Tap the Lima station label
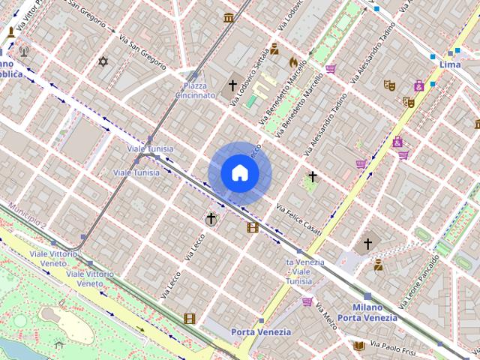click(450, 65)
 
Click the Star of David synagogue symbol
click(103, 61)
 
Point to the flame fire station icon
click(292, 61)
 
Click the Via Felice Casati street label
click(298, 218)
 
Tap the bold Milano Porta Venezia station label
click(367, 312)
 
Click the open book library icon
click(359, 346)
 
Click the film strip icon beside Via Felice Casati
click(253, 227)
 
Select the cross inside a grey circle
click(211, 219)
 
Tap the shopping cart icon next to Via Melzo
click(307, 301)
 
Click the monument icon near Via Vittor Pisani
click(11, 33)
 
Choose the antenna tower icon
click(23, 52)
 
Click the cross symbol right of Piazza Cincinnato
click(233, 85)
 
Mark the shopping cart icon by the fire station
click(331, 69)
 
